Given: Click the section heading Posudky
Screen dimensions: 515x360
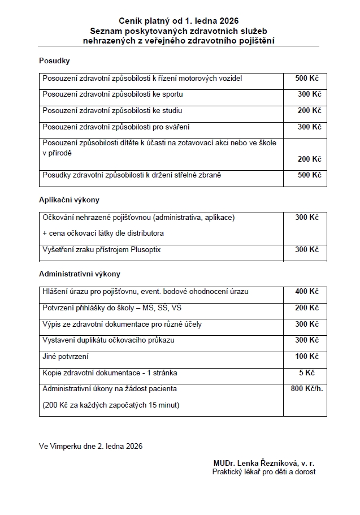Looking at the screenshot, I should (54, 60).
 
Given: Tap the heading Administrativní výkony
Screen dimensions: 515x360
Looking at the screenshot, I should (80, 274).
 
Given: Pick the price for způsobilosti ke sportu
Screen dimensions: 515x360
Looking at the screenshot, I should (309, 94).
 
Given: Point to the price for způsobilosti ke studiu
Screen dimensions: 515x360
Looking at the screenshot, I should (309, 110).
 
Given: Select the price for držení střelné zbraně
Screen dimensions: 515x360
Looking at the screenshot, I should (309, 175).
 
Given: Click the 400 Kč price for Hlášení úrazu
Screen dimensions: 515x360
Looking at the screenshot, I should (307, 292).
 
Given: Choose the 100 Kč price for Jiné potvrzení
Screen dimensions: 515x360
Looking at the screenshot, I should (307, 357).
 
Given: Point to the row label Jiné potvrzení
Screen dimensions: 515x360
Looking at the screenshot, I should (66, 357).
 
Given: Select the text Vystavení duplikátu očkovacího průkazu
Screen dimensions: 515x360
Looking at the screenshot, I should (109, 340).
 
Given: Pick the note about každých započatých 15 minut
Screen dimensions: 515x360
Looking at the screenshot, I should (111, 405).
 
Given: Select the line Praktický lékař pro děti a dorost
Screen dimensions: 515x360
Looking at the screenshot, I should (264, 471).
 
